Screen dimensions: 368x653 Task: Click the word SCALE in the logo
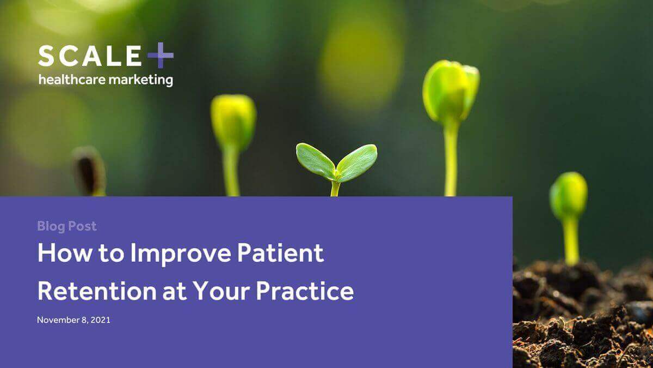point(89,56)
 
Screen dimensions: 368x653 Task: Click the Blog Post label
point(67,226)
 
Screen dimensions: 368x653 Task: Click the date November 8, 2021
point(73,320)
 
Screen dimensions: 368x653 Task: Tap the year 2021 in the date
point(101,320)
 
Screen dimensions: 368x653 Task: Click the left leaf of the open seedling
point(315,161)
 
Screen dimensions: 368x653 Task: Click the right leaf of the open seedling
point(357,161)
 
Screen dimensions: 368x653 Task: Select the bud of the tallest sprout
point(451,91)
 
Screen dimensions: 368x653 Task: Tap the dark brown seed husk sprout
point(89,171)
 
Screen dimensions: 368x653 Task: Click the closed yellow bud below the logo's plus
point(233,121)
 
